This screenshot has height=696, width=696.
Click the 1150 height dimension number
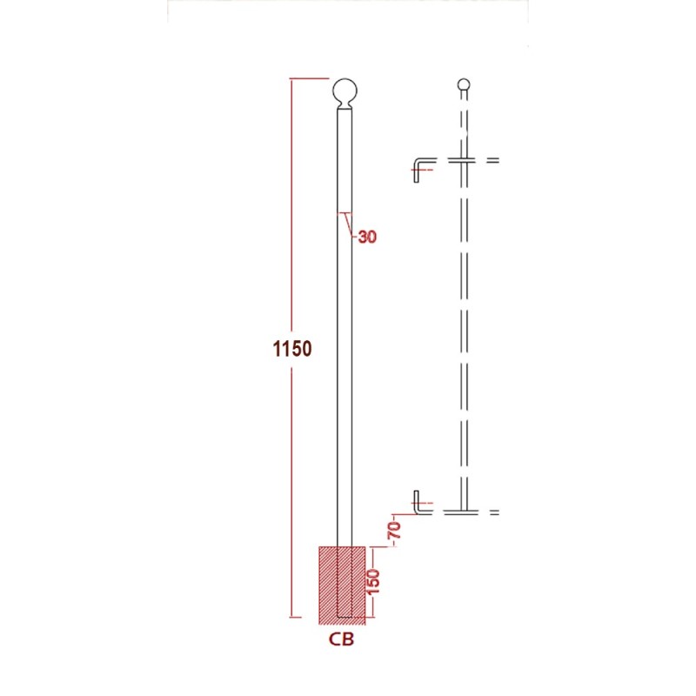(x=292, y=349)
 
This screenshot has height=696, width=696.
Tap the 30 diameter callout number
(x=367, y=237)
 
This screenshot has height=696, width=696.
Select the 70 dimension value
(x=395, y=530)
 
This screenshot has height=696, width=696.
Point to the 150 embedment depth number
(x=374, y=581)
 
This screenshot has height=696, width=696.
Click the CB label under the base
(x=341, y=639)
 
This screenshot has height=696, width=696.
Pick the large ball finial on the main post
(x=345, y=91)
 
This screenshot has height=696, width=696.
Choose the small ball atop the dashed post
(x=464, y=84)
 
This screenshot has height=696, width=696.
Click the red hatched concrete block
(x=342, y=586)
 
